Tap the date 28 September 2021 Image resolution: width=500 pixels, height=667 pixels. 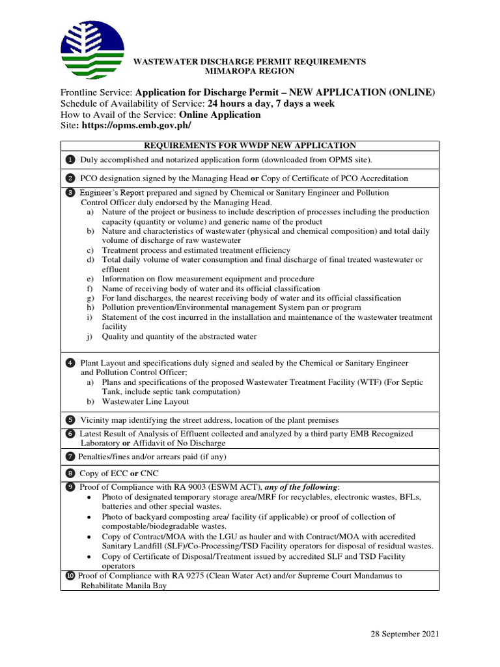coord(405,634)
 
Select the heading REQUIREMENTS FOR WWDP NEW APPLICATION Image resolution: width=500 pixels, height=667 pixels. coord(250,145)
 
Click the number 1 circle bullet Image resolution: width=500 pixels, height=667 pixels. coord(70,160)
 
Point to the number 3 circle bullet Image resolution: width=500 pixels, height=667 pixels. coord(70,193)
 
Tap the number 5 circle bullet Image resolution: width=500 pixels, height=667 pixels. coord(70,419)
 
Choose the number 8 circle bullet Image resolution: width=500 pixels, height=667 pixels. coord(70,474)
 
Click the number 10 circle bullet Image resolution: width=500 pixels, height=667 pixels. coord(70,576)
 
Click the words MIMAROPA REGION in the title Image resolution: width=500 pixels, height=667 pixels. coord(250,71)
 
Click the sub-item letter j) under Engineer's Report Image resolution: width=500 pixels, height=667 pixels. coord(90,337)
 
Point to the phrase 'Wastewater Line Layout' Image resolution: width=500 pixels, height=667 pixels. coord(145,402)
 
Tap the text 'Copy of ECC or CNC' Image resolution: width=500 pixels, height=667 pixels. coord(119,474)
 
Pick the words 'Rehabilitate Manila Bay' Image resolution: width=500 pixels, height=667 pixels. coord(124,586)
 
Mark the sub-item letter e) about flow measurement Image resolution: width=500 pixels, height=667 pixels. coord(90,279)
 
